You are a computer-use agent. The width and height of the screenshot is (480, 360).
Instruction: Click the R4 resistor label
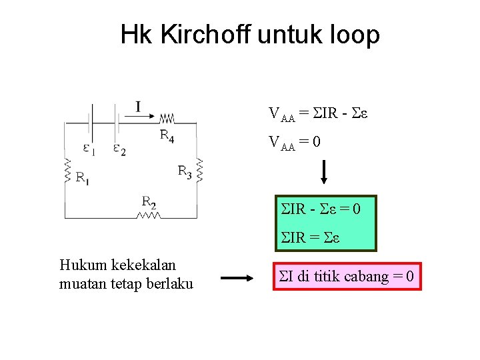click(167, 136)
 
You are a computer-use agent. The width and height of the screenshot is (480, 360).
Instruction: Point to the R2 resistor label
click(149, 201)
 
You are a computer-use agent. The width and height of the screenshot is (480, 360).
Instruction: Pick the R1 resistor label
click(83, 177)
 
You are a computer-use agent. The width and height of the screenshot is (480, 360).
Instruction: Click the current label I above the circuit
click(138, 107)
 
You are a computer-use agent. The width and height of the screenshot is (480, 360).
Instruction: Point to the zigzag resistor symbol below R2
click(149, 215)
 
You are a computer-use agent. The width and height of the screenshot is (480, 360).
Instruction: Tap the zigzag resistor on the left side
click(67, 171)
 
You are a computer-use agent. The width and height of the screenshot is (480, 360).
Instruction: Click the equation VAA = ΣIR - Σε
click(319, 113)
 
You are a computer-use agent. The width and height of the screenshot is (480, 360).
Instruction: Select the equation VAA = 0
click(295, 142)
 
